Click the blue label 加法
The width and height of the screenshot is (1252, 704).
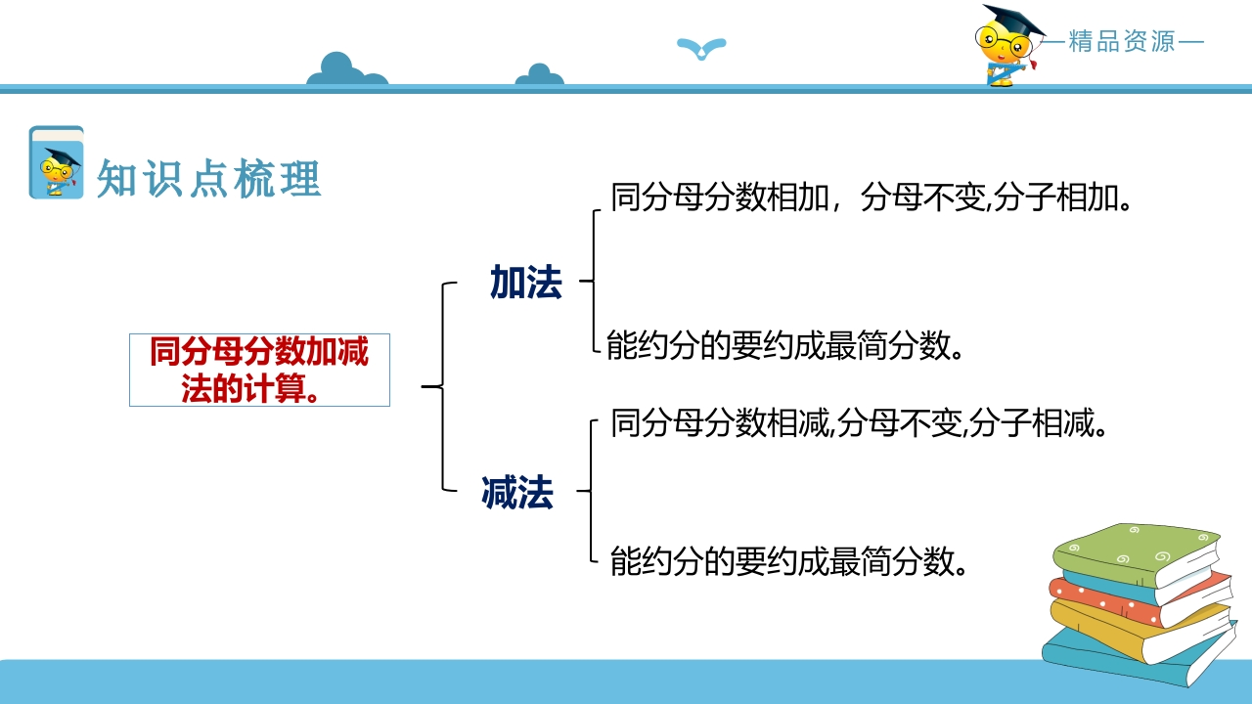[x=526, y=283]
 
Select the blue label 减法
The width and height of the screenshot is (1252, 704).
[x=517, y=492]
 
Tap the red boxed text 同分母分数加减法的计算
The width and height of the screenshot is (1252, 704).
[x=259, y=370]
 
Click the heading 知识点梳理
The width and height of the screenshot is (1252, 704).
[x=209, y=178]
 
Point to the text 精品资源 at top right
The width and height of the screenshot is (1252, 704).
[x=1122, y=41]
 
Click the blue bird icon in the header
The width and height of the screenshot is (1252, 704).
[x=701, y=48]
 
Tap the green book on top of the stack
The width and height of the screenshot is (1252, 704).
[x=1136, y=554]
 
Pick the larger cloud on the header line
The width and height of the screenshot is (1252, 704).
[x=346, y=69]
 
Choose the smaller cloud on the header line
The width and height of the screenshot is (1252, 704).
[x=539, y=75]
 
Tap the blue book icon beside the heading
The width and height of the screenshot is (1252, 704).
[x=57, y=162]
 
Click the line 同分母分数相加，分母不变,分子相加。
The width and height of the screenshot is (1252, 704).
[x=871, y=198]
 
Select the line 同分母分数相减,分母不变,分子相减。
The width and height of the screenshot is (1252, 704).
[x=859, y=423]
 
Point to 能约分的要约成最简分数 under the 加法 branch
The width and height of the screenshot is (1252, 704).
[x=784, y=345]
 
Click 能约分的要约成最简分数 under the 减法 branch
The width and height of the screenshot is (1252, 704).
[x=788, y=561]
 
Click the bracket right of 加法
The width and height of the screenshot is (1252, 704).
[x=593, y=281]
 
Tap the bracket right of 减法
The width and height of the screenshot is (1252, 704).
[x=591, y=491]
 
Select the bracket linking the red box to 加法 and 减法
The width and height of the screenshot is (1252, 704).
[x=443, y=386]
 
